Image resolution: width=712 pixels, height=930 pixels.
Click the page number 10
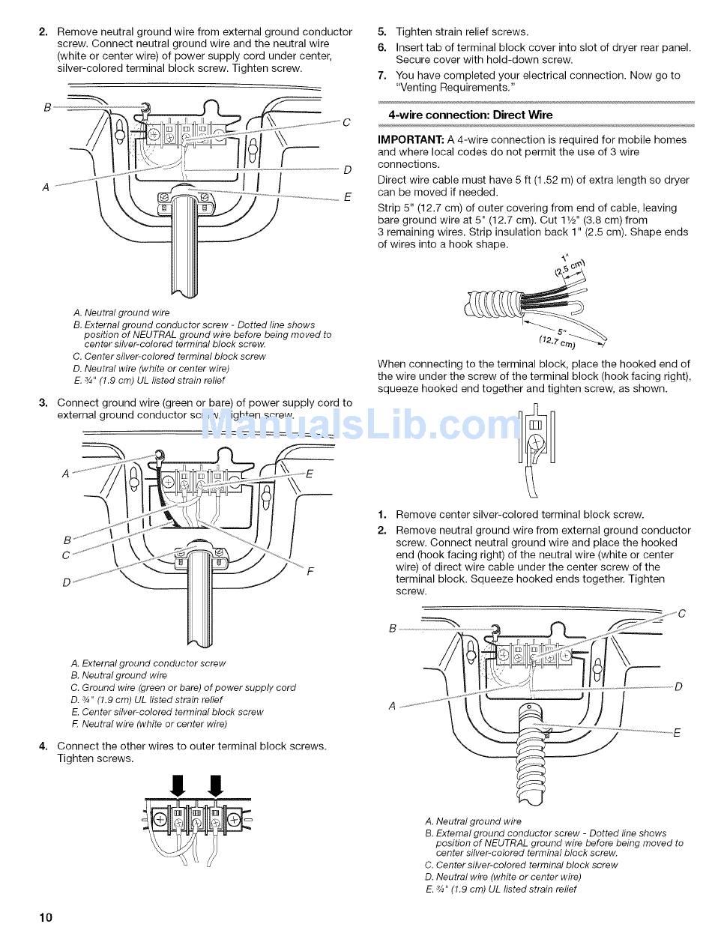pos(46,917)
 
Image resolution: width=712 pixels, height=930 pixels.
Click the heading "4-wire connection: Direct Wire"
pos(470,115)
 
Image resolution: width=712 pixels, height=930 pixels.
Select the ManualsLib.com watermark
pos(362,426)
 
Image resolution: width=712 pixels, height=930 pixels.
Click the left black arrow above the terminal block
pos(178,786)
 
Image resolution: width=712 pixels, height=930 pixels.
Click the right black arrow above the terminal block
pos(216,786)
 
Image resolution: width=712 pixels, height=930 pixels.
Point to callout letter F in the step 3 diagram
pos(310,571)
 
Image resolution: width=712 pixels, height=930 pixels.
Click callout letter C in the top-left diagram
pos(346,123)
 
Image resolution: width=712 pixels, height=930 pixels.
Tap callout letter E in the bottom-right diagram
pos(677,733)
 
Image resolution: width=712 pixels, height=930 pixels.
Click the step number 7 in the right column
pos(381,75)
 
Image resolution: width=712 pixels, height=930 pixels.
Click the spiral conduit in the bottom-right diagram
pos(530,749)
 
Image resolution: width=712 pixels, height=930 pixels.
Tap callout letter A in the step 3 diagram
pos(66,474)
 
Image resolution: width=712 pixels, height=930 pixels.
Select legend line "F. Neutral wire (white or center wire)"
pos(148,724)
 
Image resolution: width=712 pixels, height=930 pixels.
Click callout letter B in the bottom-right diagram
pos(392,628)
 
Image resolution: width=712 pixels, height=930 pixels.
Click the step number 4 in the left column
pos(43,746)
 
